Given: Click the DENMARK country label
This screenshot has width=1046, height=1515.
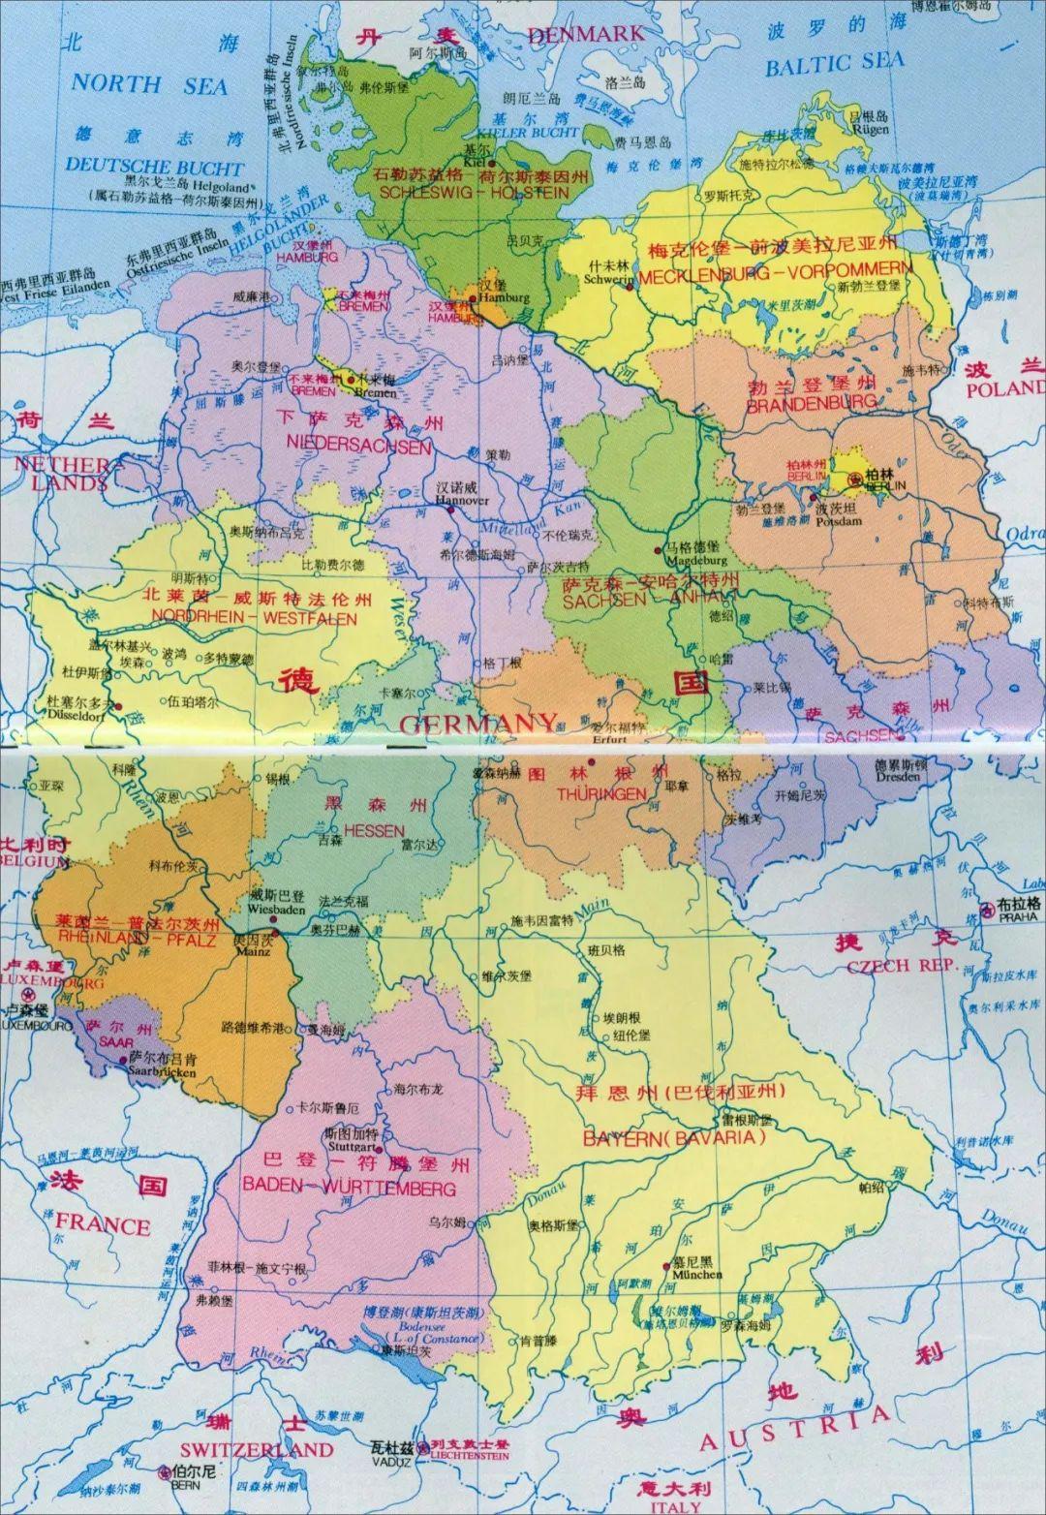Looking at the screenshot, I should tap(585, 35).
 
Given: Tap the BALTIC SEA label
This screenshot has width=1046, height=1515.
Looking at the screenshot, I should tap(834, 65).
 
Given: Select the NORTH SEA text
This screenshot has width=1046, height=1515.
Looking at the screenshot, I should tap(148, 83).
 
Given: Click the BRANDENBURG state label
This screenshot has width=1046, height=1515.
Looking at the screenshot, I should tap(812, 402).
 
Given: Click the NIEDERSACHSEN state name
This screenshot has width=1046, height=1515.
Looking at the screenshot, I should tap(358, 446).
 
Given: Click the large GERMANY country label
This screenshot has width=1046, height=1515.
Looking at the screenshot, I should tap(478, 724).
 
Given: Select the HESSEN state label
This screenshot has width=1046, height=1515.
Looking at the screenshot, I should tap(374, 830).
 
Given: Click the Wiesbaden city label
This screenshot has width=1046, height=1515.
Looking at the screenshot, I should tap(277, 910).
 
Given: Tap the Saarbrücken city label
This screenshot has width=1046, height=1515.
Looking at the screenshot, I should tap(163, 1071).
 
